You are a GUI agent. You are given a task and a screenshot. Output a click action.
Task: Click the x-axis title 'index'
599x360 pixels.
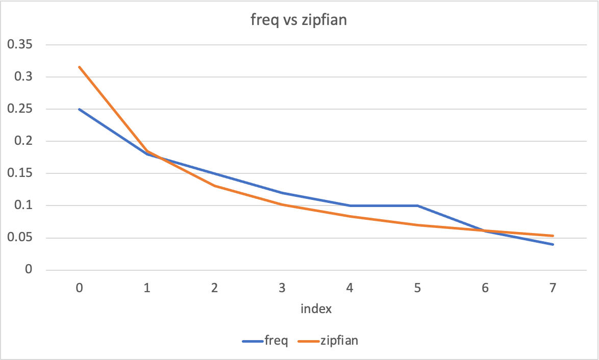click(316, 309)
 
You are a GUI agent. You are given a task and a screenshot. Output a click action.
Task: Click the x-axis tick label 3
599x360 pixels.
click(282, 288)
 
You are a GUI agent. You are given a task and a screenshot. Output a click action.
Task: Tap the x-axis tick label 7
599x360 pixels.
click(553, 288)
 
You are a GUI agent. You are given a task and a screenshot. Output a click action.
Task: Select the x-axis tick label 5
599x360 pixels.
click(417, 288)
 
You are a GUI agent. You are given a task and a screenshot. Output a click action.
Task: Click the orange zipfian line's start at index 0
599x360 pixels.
click(79, 67)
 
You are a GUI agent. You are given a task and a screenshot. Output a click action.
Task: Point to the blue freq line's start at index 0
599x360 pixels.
click(79, 109)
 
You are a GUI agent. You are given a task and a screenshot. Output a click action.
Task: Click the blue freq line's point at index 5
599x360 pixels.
click(417, 205)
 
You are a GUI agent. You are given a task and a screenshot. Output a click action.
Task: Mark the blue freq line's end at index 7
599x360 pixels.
click(553, 244)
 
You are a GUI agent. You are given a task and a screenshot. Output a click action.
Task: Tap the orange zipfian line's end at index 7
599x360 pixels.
click(553, 236)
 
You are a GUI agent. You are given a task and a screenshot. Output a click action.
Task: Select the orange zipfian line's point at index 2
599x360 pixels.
click(214, 186)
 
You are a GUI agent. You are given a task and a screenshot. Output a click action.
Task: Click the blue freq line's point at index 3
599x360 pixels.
click(282, 193)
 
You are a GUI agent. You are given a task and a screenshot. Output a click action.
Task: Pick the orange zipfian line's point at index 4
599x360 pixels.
click(350, 216)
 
